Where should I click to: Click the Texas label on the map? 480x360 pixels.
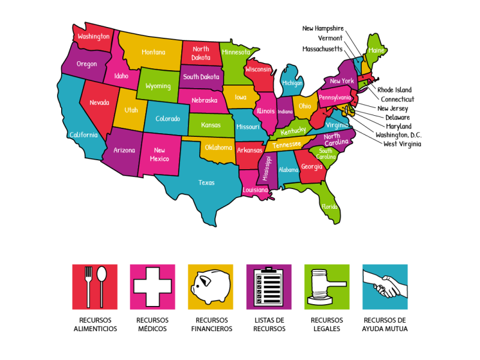point(206,182)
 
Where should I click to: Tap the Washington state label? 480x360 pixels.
point(94,36)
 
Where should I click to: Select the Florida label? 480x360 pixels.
point(329,206)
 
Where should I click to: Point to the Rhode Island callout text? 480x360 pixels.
point(394,90)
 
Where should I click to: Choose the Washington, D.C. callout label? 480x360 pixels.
point(398,135)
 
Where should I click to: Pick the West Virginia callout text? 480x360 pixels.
point(402,144)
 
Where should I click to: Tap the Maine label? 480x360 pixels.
point(376,51)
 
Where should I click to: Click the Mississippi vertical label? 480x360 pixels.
point(267,168)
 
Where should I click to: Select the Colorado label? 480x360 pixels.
point(167,119)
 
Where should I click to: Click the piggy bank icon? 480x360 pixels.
point(210,286)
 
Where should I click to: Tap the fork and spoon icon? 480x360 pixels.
point(95,286)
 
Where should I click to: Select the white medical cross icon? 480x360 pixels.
point(152,286)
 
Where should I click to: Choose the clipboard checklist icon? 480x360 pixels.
point(269,286)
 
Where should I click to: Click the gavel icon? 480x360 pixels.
point(326,286)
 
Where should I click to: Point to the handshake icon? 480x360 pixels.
point(385,286)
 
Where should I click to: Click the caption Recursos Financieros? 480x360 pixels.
point(211,325)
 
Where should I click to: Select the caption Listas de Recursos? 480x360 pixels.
point(269,325)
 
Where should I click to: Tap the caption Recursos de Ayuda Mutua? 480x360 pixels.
point(385,325)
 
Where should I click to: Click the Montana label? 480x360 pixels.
point(153,52)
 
